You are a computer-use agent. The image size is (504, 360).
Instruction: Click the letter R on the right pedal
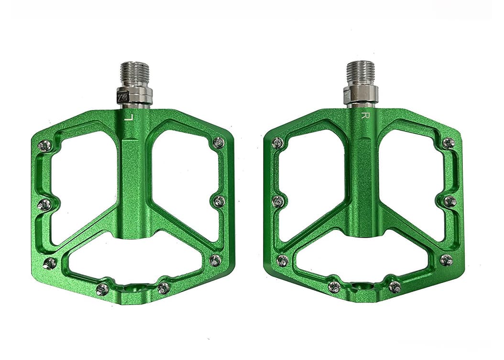[364, 115]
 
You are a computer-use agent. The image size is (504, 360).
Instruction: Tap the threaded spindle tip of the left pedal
[135, 72]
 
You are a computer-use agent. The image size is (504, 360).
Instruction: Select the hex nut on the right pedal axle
[361, 94]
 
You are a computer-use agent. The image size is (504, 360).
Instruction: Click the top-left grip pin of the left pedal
[44, 145]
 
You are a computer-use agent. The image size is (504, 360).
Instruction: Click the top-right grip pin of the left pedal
[218, 142]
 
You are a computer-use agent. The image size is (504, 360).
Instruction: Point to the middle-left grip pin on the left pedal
[44, 204]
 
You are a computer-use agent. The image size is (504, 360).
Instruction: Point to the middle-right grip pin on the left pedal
[219, 200]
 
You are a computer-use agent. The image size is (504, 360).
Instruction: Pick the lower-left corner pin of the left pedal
[49, 262]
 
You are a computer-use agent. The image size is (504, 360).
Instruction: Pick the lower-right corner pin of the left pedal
[215, 260]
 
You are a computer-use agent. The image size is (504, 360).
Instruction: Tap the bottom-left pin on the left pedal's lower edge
[102, 288]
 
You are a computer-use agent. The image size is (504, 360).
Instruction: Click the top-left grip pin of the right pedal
[278, 142]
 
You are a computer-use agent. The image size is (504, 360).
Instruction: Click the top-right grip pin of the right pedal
[448, 142]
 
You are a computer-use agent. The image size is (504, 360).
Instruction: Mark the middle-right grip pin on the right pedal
[449, 201]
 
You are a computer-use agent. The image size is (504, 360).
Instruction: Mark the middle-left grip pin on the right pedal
[278, 201]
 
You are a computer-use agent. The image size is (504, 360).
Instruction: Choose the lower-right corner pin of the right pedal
[446, 260]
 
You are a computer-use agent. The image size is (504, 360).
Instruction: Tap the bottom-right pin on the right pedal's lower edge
[394, 287]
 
